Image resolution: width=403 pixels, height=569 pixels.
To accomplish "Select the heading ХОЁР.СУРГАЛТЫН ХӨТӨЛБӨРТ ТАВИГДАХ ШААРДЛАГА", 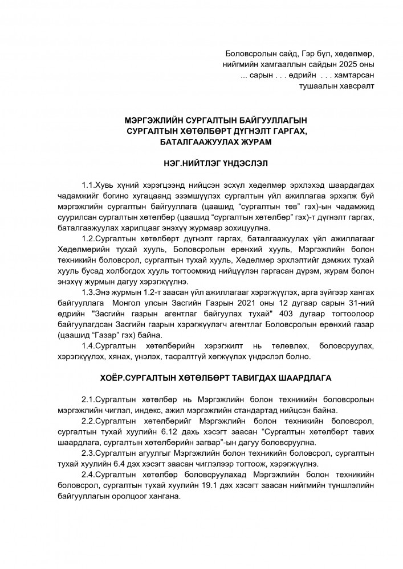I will [215, 378].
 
